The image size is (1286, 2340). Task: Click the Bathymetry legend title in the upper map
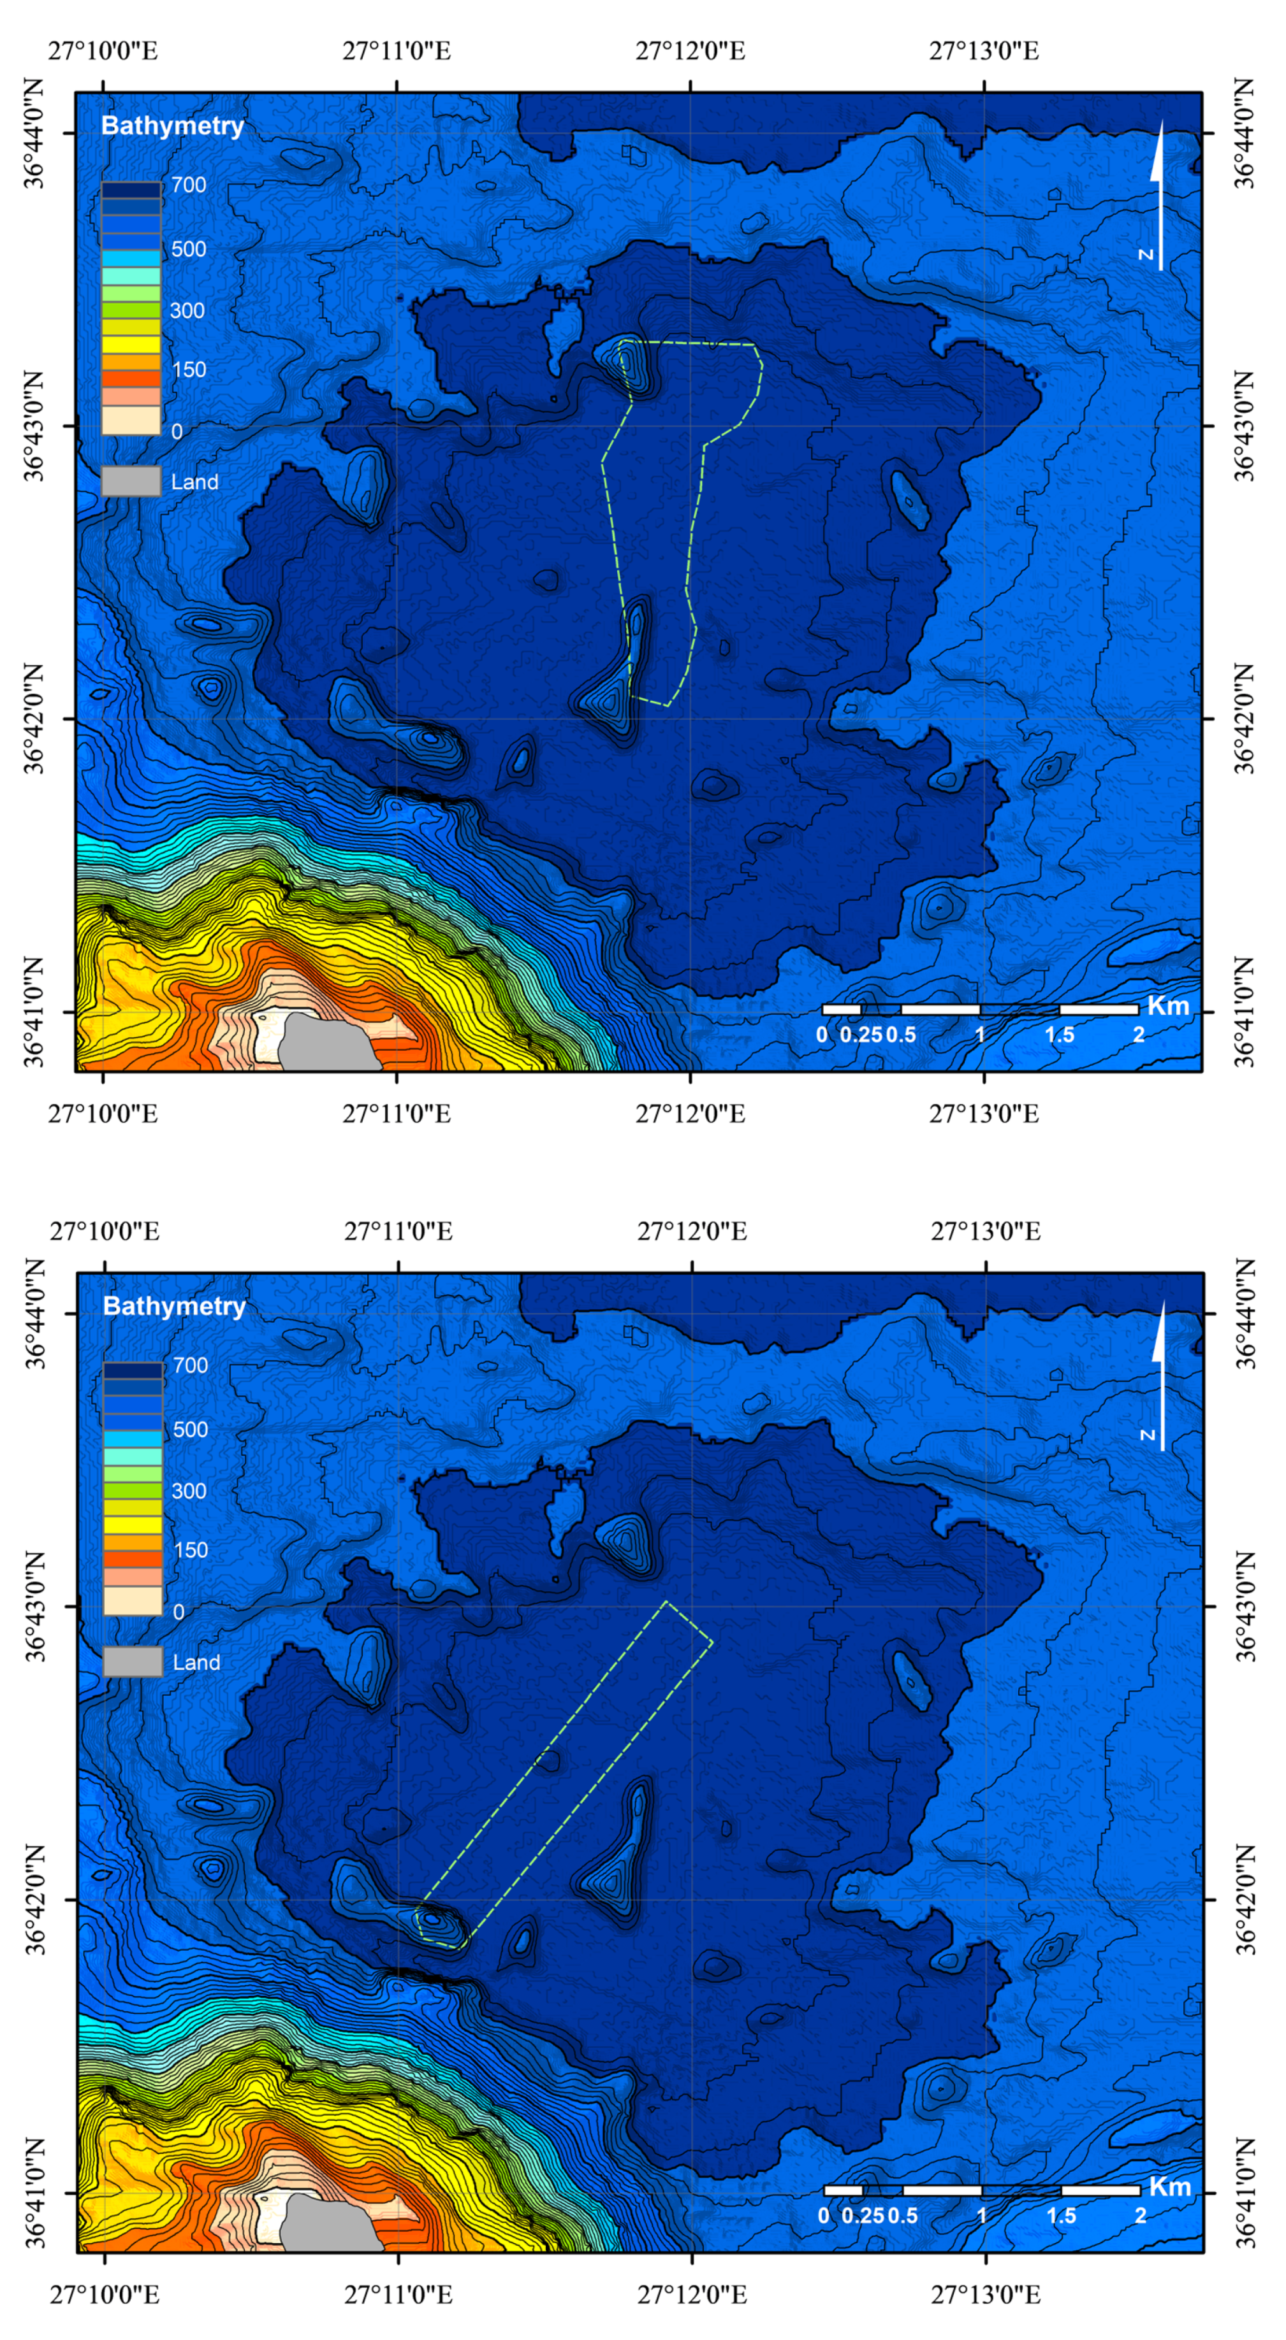pyautogui.click(x=172, y=126)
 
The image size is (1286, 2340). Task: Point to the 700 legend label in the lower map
pyautogui.click(x=190, y=1365)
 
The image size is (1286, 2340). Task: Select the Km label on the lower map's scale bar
pyautogui.click(x=1169, y=2186)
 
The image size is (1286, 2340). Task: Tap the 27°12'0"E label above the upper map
pyautogui.click(x=690, y=51)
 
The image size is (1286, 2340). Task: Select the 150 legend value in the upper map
pyautogui.click(x=188, y=370)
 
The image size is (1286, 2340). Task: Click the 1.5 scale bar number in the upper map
pyautogui.click(x=1059, y=1035)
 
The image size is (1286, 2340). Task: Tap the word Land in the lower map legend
pyautogui.click(x=196, y=1662)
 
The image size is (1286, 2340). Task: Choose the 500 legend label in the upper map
pyautogui.click(x=189, y=249)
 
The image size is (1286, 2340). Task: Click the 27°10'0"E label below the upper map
pyautogui.click(x=103, y=1114)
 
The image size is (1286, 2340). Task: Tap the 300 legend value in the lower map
pyautogui.click(x=189, y=1491)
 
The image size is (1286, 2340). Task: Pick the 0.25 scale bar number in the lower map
pyautogui.click(x=861, y=2216)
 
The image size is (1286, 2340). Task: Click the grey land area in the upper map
pyautogui.click(x=327, y=1045)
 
